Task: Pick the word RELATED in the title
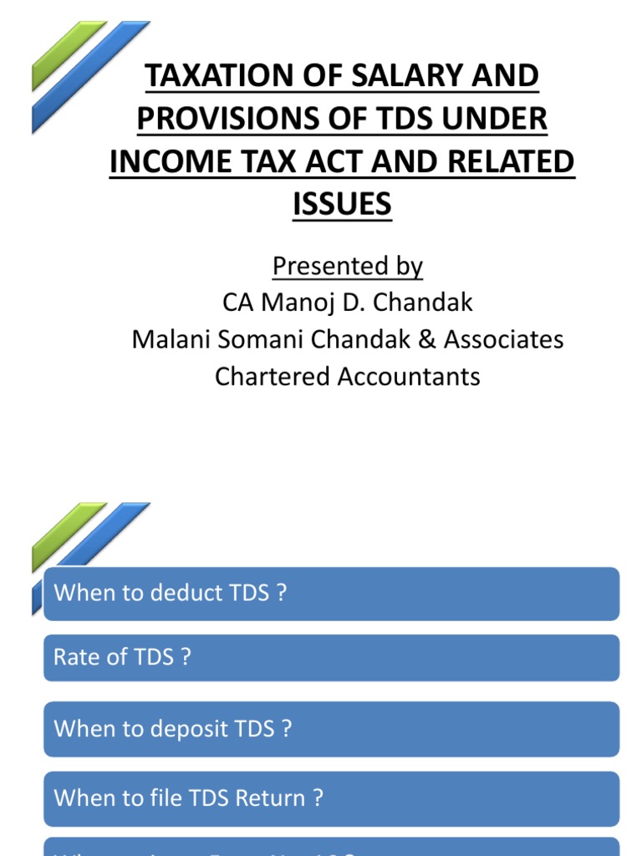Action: tap(518, 161)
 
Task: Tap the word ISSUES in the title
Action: tap(342, 203)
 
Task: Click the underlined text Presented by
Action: tap(348, 266)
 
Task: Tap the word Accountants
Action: tap(409, 376)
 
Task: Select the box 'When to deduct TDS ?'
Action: tap(331, 594)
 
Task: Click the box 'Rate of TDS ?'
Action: tap(331, 657)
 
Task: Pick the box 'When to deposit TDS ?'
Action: tap(331, 728)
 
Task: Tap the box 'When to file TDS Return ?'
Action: tap(331, 798)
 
